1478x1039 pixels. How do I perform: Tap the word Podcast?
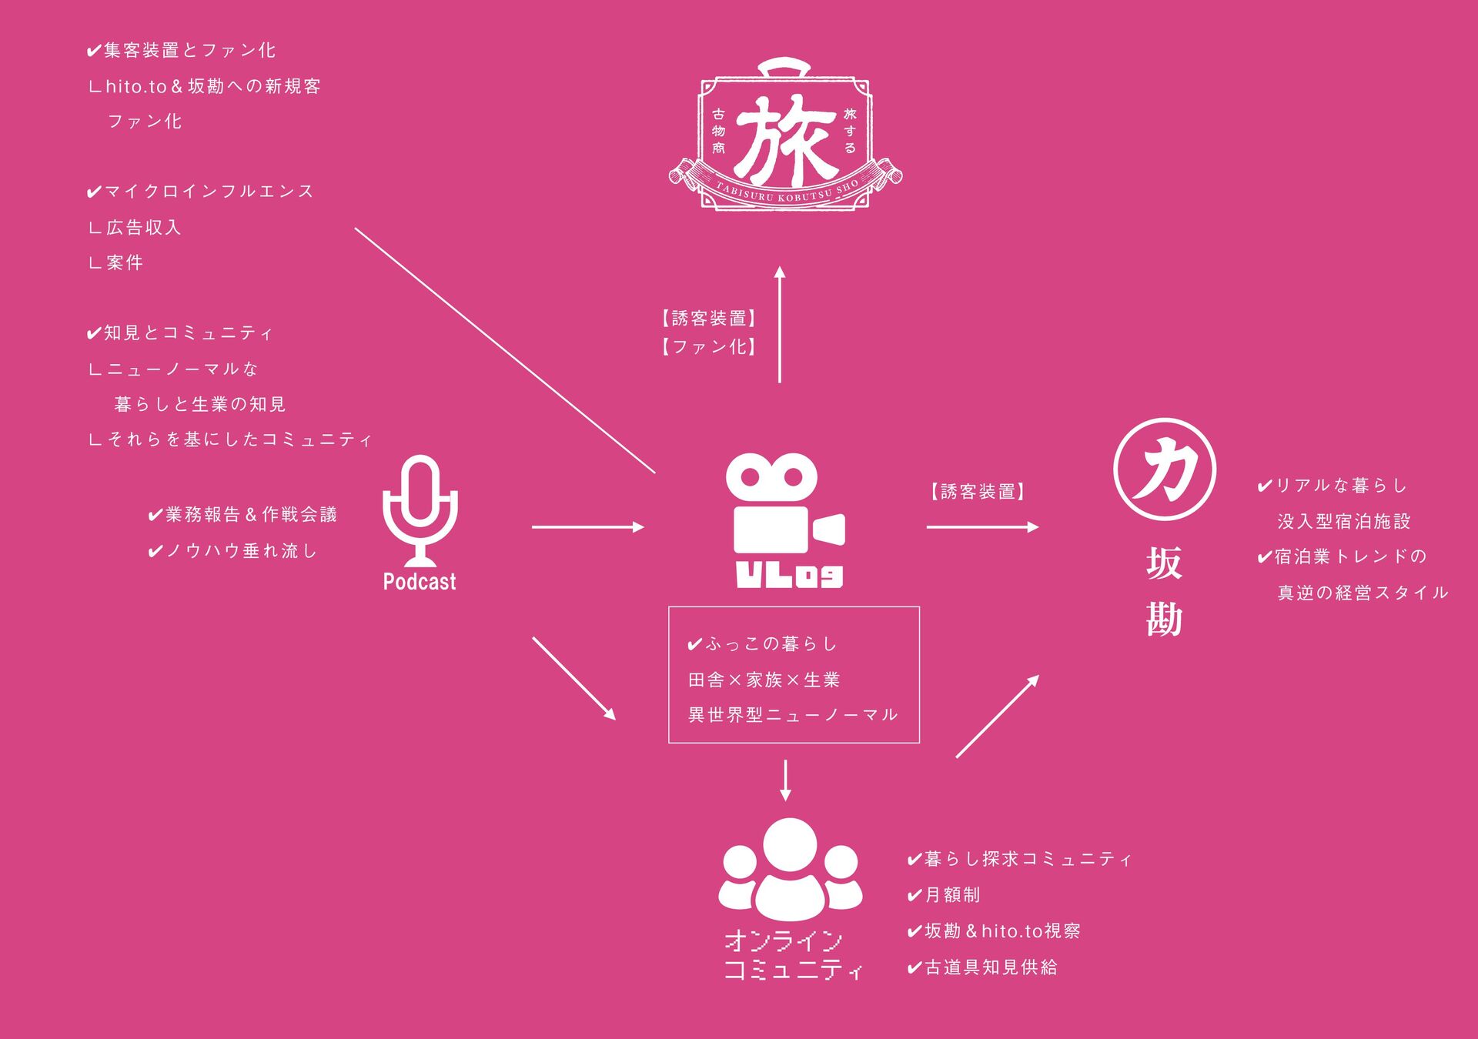pyautogui.click(x=420, y=582)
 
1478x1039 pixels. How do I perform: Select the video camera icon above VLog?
pyautogui.click(x=785, y=504)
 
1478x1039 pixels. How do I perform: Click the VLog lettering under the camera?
pyautogui.click(x=789, y=575)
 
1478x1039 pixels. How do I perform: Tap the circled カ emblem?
pyautogui.click(x=1164, y=469)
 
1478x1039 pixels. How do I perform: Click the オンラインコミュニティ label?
pyautogui.click(x=793, y=954)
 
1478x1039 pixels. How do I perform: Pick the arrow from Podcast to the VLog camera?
pyautogui.click(x=587, y=527)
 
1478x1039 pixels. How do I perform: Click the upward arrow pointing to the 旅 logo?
pyautogui.click(x=780, y=324)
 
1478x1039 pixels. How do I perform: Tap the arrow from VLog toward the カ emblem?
pyautogui.click(x=982, y=527)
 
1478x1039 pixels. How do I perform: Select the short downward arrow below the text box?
pyautogui.click(x=785, y=780)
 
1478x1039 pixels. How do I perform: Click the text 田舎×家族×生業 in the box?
pyautogui.click(x=764, y=680)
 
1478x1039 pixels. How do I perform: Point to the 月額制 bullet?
pyautogui.click(x=944, y=895)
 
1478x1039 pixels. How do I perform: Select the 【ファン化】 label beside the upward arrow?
pyautogui.click(x=708, y=347)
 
